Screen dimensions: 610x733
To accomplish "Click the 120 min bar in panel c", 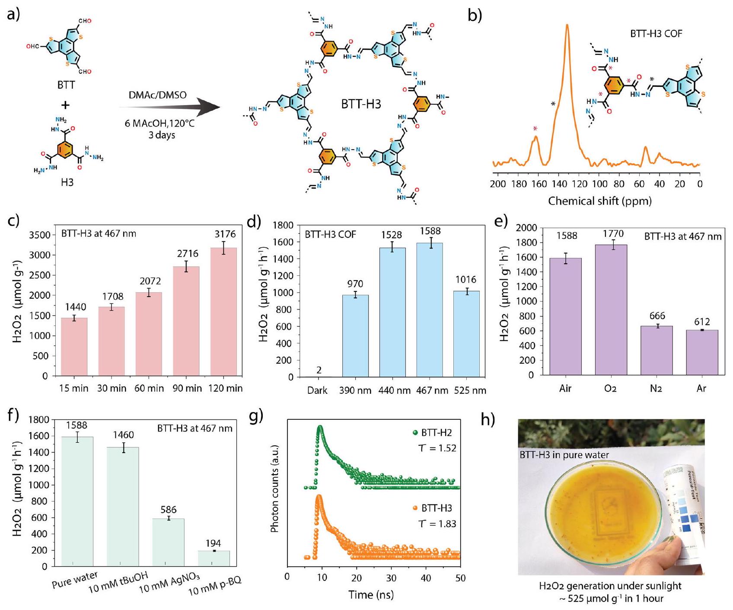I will [x=223, y=311].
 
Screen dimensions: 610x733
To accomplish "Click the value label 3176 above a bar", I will [x=225, y=234].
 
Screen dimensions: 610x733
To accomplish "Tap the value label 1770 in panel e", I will [x=613, y=234].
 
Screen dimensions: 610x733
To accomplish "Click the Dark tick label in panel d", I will [x=317, y=390].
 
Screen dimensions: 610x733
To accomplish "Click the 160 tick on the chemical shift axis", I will [x=539, y=184].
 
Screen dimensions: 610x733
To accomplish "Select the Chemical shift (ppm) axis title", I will [x=600, y=201].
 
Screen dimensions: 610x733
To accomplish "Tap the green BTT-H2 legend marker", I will [x=416, y=433].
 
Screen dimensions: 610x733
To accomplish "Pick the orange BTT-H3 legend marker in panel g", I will [x=416, y=508].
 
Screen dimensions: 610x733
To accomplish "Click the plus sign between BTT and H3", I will [x=65, y=105].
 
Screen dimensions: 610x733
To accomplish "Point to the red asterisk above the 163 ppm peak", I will [x=535, y=128].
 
